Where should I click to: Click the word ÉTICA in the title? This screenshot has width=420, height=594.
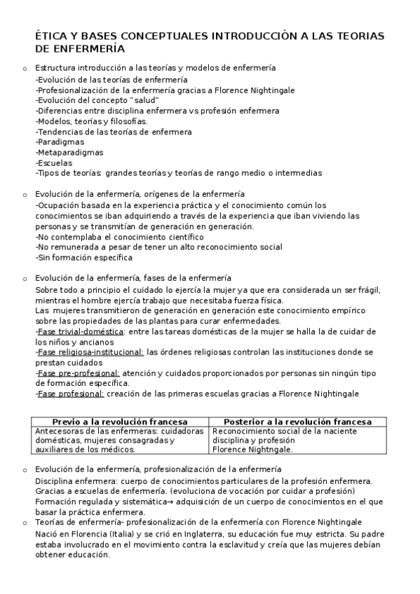tap(51, 36)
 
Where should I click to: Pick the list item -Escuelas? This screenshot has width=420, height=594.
tap(54, 163)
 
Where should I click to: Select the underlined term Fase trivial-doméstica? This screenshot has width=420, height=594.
tap(81, 331)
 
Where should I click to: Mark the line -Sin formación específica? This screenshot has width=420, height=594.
tap(83, 257)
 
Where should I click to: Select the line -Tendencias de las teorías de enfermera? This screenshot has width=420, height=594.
tap(113, 131)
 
